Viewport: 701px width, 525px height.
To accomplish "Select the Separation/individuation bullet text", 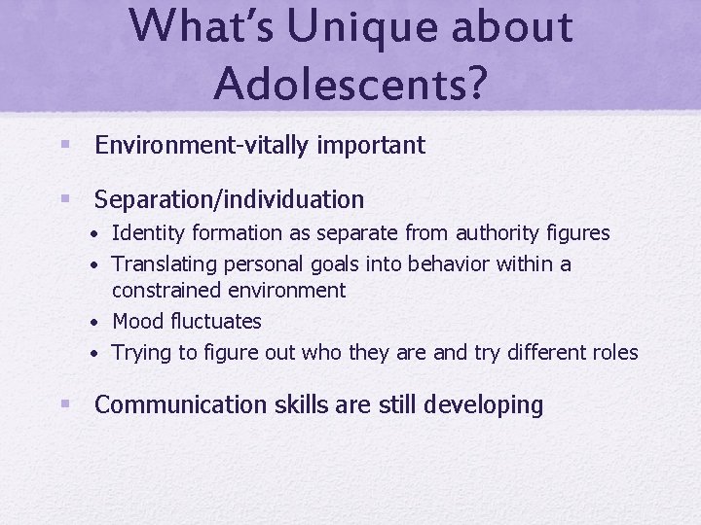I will (229, 200).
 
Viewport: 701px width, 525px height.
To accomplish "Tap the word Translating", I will (165, 264).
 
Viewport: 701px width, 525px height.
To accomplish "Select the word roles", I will (612, 352).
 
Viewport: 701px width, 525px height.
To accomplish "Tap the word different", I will (545, 352).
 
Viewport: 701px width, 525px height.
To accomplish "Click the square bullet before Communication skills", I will (64, 403).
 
